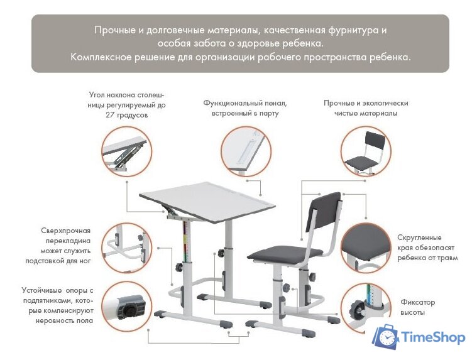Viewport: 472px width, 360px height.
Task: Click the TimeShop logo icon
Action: coord(385,337)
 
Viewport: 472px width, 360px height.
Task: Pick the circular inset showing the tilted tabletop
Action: coord(126,150)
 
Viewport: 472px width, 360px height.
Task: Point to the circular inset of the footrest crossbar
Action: coord(126,248)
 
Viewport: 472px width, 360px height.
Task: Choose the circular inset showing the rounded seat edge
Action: coord(366,248)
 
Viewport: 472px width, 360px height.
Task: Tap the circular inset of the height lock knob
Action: coord(366,307)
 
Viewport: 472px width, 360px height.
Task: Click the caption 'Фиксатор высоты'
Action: coord(417,307)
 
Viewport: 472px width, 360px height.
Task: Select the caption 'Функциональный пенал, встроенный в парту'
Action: coord(244,107)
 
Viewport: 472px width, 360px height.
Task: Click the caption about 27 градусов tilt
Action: coord(126,106)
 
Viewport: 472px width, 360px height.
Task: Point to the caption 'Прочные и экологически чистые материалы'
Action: coord(366,107)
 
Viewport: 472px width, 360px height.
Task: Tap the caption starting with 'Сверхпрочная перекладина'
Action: coord(66,245)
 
